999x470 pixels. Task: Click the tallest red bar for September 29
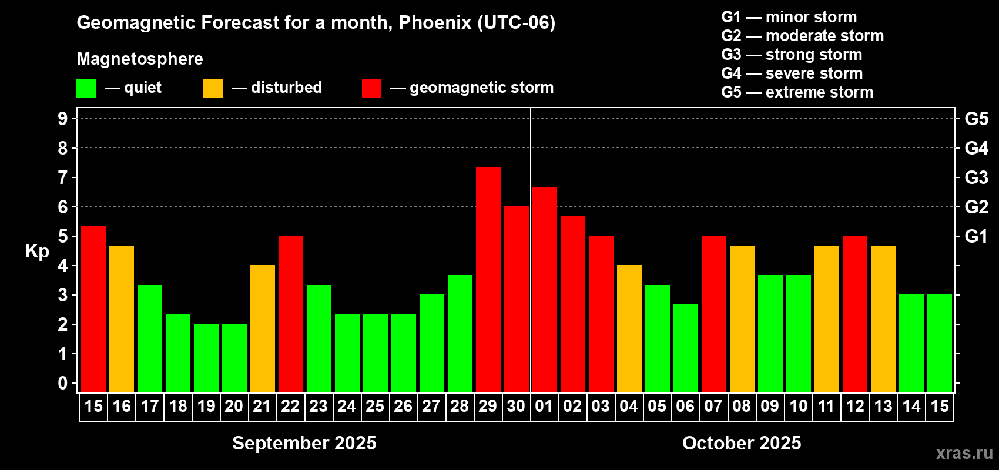click(x=488, y=280)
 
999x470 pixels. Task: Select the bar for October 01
click(x=545, y=290)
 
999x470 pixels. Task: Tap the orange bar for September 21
click(x=263, y=328)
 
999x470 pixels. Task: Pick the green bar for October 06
click(x=685, y=348)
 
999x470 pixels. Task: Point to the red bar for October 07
click(x=714, y=314)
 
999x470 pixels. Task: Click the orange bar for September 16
click(x=122, y=319)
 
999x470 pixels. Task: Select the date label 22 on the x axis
click(x=290, y=406)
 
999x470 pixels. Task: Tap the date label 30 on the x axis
click(x=516, y=406)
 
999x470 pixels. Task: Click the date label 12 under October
click(x=855, y=406)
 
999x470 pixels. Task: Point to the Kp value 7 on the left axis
click(x=62, y=177)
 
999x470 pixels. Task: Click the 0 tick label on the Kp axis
click(x=62, y=383)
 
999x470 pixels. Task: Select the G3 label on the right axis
click(x=977, y=177)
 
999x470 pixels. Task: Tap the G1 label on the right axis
click(x=977, y=236)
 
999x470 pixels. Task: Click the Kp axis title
click(x=37, y=251)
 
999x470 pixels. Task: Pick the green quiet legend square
click(x=86, y=88)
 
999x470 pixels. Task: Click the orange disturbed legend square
click(x=213, y=88)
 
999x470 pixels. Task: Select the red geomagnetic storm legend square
click(x=372, y=88)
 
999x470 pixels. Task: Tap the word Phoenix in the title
click(x=435, y=22)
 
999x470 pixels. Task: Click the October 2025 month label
click(x=742, y=443)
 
